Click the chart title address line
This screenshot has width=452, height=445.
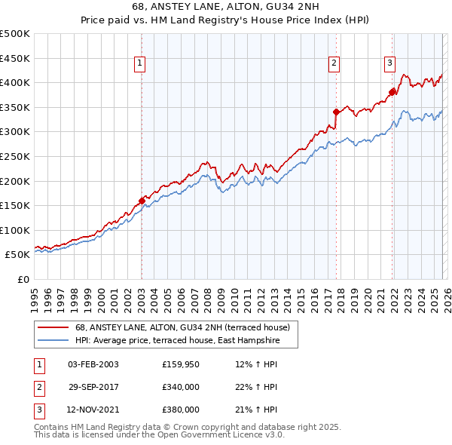[x=225, y=7]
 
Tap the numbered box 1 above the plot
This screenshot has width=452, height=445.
[x=141, y=64]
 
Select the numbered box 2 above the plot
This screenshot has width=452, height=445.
[x=334, y=64]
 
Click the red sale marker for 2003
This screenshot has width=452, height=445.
[x=142, y=201]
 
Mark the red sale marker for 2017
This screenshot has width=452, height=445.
[x=336, y=112]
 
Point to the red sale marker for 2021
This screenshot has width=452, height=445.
[x=392, y=92]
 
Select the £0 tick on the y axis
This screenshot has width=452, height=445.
[x=23, y=279]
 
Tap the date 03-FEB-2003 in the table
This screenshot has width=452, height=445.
[x=93, y=364]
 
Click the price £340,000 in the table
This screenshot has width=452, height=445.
[x=181, y=387]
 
